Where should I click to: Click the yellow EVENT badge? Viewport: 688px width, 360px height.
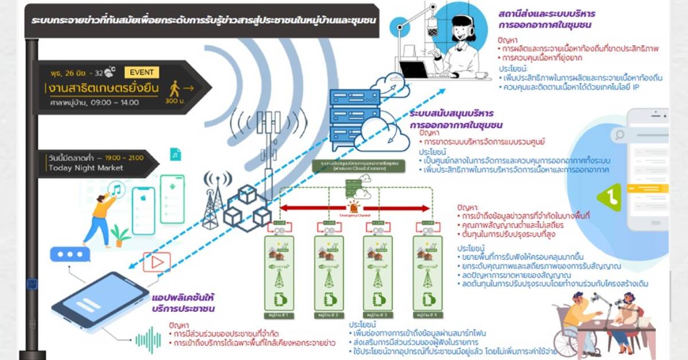(x=142, y=72)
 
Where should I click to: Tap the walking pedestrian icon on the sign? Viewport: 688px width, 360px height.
(x=175, y=89)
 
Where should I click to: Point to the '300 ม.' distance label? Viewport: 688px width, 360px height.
(x=174, y=101)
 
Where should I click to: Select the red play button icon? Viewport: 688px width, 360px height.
(x=157, y=263)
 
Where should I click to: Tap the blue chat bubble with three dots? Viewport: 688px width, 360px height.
(x=70, y=254)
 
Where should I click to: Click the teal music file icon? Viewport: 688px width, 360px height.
(x=175, y=154)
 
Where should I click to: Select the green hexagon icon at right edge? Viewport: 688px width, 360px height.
(x=609, y=197)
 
